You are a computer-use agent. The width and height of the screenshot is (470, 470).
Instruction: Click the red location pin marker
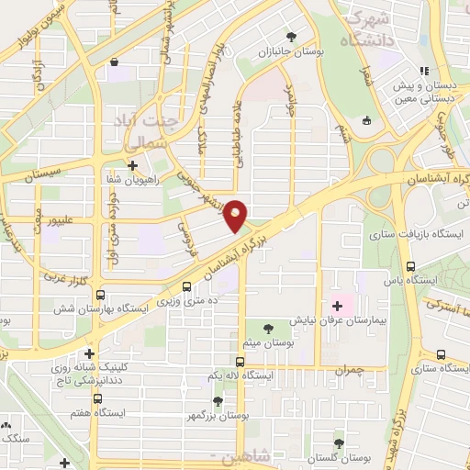coord(237,215)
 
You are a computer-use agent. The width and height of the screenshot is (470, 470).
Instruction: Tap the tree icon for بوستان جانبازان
coord(291,38)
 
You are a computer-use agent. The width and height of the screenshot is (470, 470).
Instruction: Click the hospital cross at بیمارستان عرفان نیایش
coord(336,306)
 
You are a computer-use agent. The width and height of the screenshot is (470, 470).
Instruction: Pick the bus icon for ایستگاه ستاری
coord(442,354)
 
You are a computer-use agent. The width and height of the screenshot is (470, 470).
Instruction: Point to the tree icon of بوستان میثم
coord(267,329)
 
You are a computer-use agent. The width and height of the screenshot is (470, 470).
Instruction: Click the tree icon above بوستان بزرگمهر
coord(218,401)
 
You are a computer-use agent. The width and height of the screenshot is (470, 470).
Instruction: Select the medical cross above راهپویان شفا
coord(133,166)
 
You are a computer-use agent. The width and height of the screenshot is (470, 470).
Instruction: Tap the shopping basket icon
coord(113,62)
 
